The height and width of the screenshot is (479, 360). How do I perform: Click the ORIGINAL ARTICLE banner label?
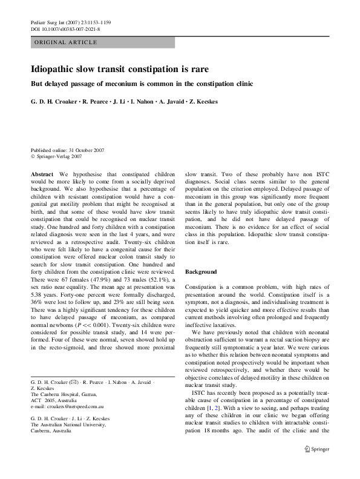(x=65, y=42)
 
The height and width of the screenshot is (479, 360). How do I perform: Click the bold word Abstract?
(x=42, y=173)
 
